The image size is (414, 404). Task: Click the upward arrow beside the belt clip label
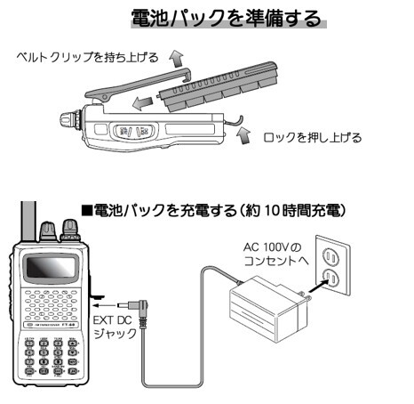pos(178,59)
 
